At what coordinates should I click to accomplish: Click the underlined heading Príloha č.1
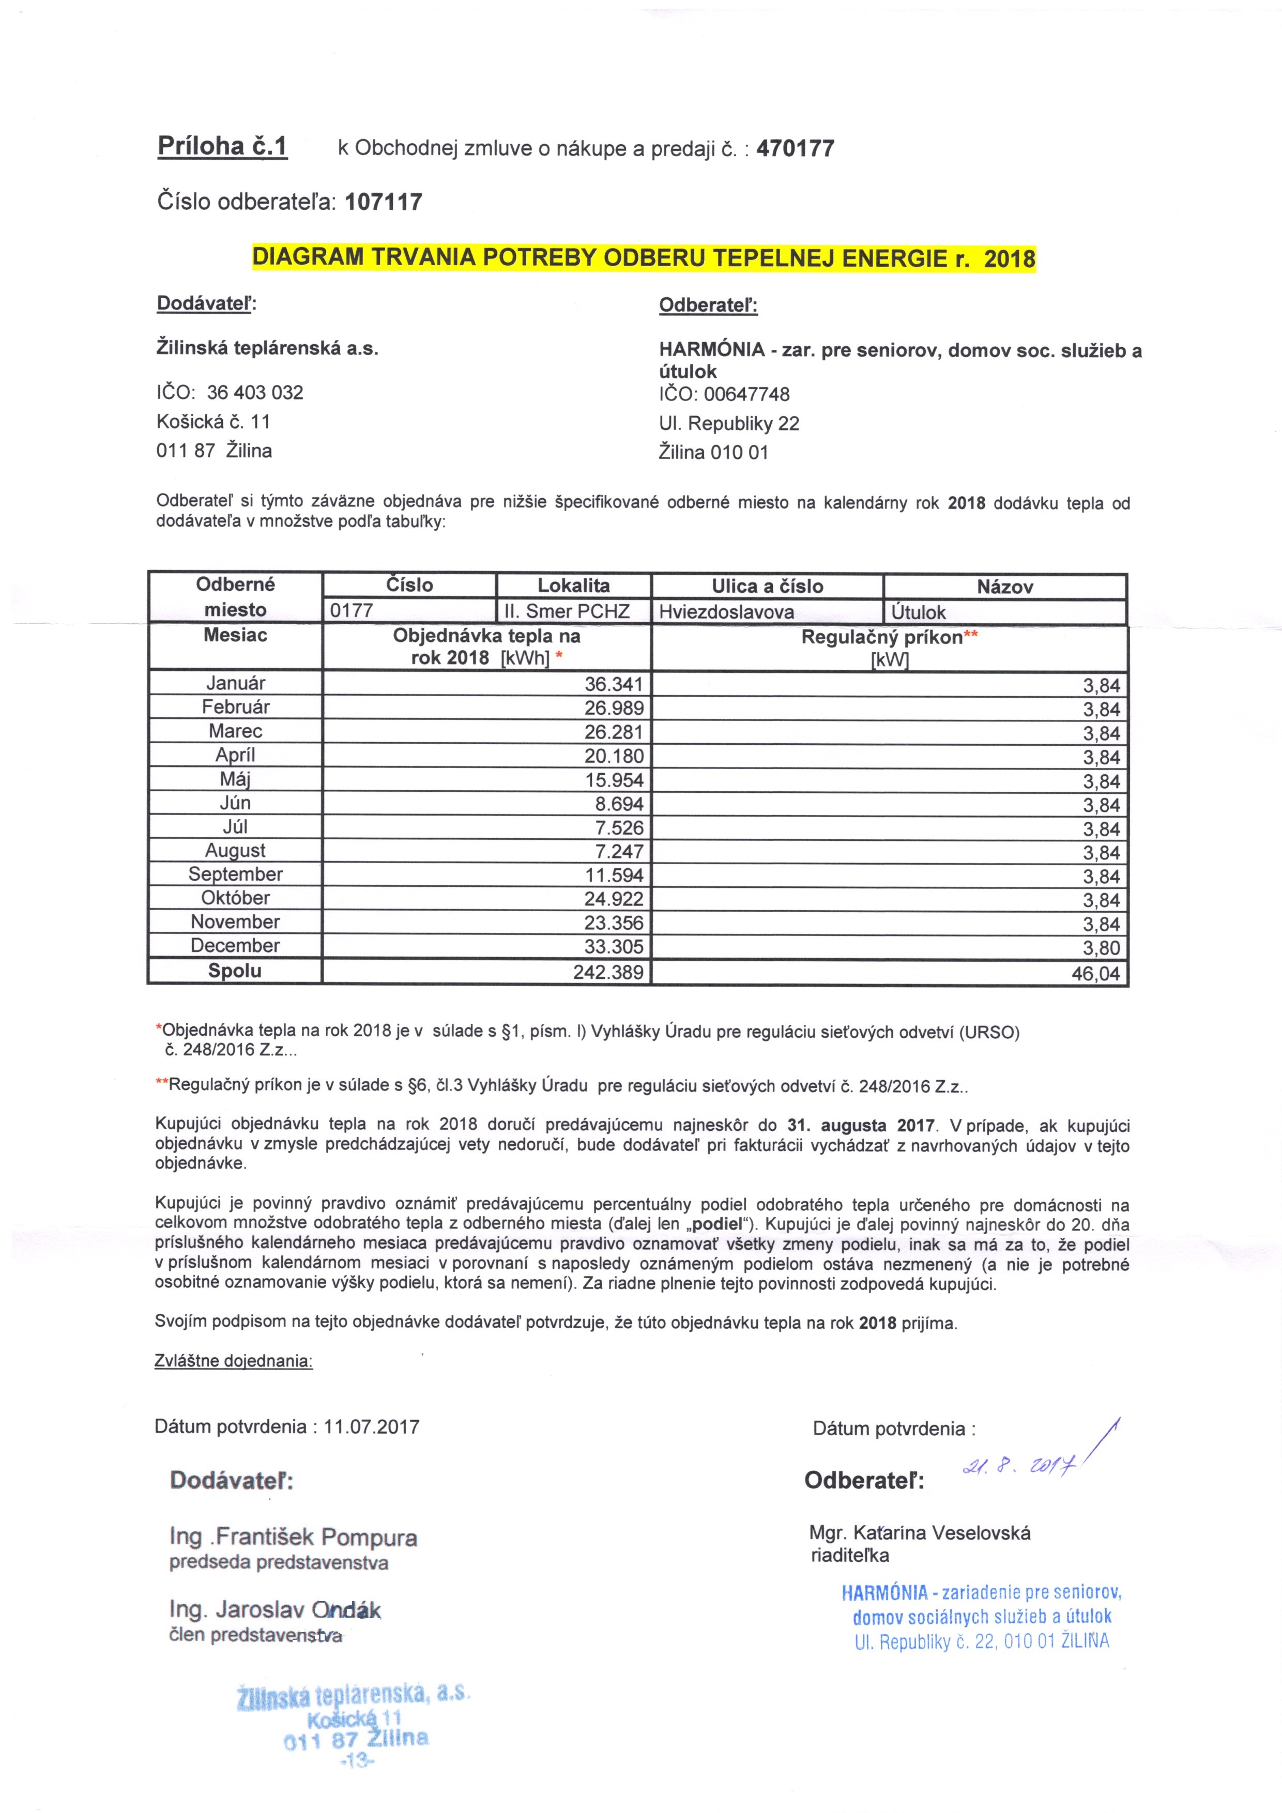click(x=223, y=147)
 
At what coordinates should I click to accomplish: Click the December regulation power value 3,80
click(x=1101, y=947)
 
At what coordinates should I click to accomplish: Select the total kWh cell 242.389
click(x=608, y=972)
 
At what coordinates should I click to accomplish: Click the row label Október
click(x=235, y=898)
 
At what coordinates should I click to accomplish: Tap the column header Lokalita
click(x=573, y=585)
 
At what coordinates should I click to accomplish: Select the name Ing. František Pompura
click(x=293, y=1537)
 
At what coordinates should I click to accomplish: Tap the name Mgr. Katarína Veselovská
click(x=920, y=1533)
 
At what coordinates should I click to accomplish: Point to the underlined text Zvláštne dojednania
click(x=234, y=1361)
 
